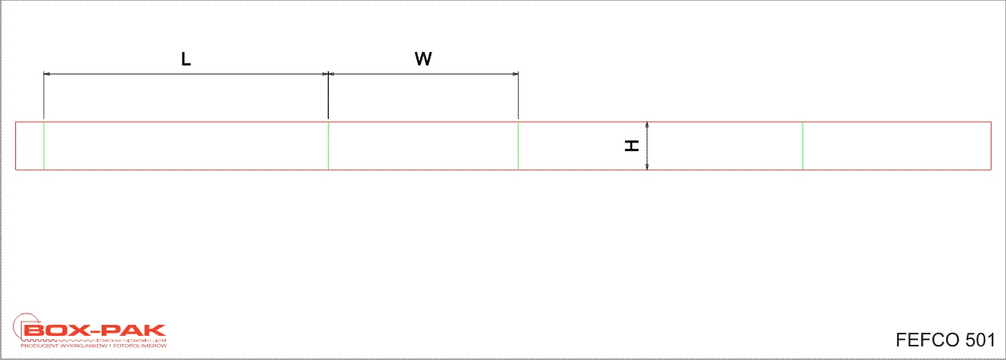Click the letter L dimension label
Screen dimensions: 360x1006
[186, 59]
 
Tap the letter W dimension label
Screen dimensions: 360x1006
[423, 59]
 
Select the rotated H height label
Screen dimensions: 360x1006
[631, 146]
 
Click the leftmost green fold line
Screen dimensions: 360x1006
[44, 146]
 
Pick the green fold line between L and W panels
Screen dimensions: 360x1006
[328, 146]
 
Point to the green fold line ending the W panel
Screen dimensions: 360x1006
[518, 146]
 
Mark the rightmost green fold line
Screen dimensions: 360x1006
[803, 146]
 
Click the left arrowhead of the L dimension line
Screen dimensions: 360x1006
[46, 74]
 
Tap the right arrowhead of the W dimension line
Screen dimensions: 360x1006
[515, 74]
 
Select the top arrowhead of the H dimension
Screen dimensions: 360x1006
[647, 125]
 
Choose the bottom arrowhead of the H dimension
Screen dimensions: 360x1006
[647, 166]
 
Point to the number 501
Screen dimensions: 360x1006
[980, 340]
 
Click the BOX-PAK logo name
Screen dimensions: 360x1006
[94, 330]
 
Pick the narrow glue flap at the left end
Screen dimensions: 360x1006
[30, 146]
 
